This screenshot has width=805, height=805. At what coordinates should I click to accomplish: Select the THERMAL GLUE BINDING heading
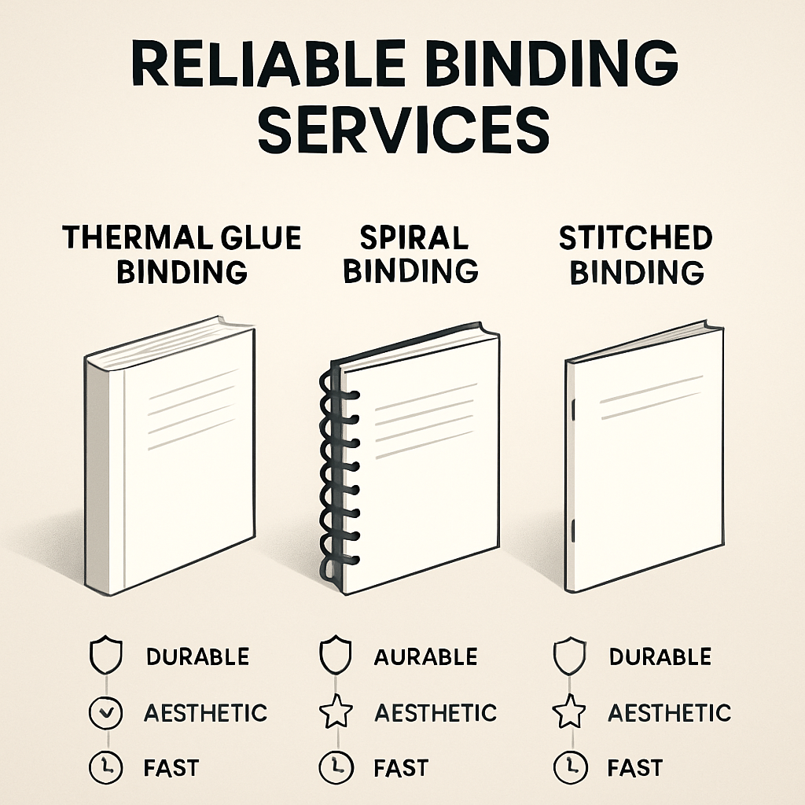pyautogui.click(x=182, y=253)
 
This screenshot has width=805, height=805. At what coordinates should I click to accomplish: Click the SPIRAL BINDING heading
pyautogui.click(x=410, y=253)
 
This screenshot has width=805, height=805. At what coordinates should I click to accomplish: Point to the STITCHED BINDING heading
pyautogui.click(x=636, y=253)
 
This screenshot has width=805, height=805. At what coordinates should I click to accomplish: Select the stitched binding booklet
pyautogui.click(x=645, y=456)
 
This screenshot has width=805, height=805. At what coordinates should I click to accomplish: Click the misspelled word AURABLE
pyautogui.click(x=425, y=656)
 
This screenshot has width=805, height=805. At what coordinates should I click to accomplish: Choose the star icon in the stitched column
pyautogui.click(x=569, y=714)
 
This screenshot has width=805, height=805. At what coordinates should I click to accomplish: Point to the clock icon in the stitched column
pyautogui.click(x=569, y=767)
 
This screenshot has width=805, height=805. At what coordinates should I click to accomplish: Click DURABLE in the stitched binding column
pyautogui.click(x=660, y=656)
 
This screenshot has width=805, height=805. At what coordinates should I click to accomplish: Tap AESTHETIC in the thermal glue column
pyautogui.click(x=205, y=714)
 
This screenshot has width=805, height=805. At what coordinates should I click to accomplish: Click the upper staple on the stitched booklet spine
pyautogui.click(x=575, y=410)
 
